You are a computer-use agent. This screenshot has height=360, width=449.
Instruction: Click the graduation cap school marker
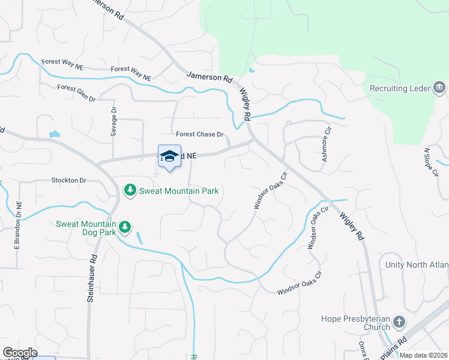169,156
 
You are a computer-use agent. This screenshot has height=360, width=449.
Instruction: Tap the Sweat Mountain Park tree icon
130,190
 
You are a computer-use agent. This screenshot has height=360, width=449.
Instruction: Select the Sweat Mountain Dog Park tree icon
124,227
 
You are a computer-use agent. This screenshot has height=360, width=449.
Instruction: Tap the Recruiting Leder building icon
439,89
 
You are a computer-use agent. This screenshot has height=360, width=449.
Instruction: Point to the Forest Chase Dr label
199,134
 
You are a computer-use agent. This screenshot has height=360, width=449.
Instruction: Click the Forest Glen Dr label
76,92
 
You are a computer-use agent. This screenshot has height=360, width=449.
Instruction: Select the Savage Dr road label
113,122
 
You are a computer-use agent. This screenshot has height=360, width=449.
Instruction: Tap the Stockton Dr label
69,180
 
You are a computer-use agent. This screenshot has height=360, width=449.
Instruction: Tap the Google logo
20,353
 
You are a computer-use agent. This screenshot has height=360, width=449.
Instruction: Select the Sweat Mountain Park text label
178,191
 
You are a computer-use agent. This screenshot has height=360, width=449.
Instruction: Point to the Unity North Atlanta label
414,265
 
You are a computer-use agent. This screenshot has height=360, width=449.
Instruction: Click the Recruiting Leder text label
401,89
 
